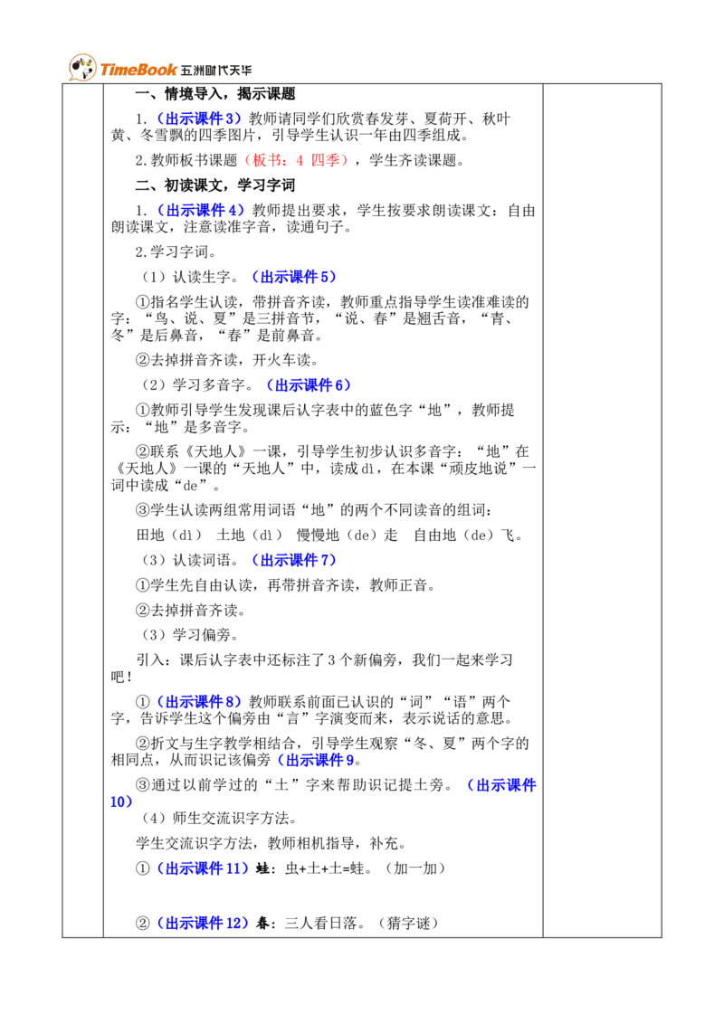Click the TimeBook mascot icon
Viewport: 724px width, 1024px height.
(81, 68)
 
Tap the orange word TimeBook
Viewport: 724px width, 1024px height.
(138, 70)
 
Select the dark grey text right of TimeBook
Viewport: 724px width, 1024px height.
(217, 71)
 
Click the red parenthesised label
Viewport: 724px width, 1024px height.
(294, 160)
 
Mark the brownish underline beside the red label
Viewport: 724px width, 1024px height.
(358, 169)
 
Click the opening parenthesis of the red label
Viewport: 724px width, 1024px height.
(245, 160)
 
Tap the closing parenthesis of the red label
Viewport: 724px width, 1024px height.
(343, 160)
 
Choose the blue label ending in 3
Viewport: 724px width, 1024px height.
(200, 118)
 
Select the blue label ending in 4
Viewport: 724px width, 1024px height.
(201, 210)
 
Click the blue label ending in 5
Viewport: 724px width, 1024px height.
(294, 277)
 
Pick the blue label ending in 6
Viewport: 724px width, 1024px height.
(309, 385)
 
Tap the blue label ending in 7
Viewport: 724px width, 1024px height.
(294, 560)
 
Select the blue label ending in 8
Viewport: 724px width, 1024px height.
(200, 701)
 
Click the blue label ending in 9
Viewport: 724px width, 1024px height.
(315, 760)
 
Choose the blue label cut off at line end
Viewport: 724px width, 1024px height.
(501, 785)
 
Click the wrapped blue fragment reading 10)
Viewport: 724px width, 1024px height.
(121, 802)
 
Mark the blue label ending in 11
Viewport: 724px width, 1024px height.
(203, 868)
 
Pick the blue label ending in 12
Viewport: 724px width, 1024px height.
(203, 924)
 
